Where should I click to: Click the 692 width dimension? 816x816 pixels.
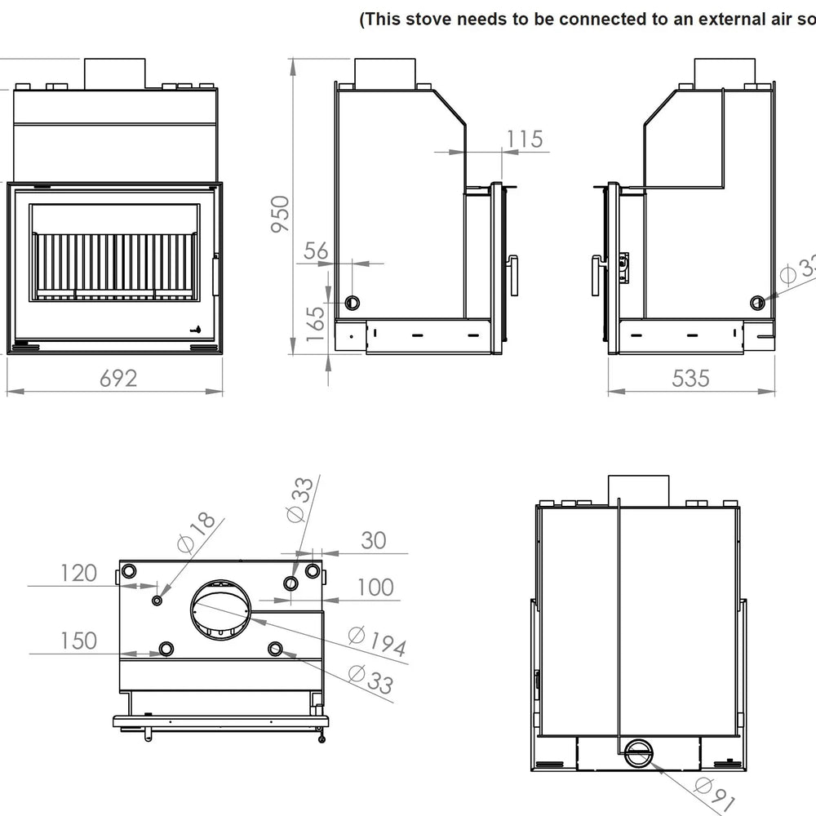pyautogui.click(x=118, y=379)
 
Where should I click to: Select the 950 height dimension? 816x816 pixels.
pyautogui.click(x=281, y=214)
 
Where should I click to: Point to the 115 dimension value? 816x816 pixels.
pyautogui.click(x=525, y=139)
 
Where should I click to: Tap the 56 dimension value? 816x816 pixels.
pyautogui.click(x=316, y=251)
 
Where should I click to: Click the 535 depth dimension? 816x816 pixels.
pyautogui.click(x=690, y=379)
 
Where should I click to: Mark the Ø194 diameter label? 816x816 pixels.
pyautogui.click(x=376, y=641)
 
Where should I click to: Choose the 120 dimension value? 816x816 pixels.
pyautogui.click(x=78, y=573)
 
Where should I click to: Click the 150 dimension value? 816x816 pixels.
pyautogui.click(x=78, y=641)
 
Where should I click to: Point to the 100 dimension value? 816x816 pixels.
pyautogui.click(x=375, y=587)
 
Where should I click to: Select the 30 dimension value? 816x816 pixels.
pyautogui.click(x=373, y=540)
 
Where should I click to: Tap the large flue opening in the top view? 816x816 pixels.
pyautogui.click(x=223, y=609)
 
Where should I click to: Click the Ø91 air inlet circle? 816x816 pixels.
pyautogui.click(x=639, y=753)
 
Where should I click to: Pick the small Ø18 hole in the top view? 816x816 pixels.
pyautogui.click(x=157, y=601)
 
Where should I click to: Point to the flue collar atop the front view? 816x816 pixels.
pyautogui.click(x=115, y=73)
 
